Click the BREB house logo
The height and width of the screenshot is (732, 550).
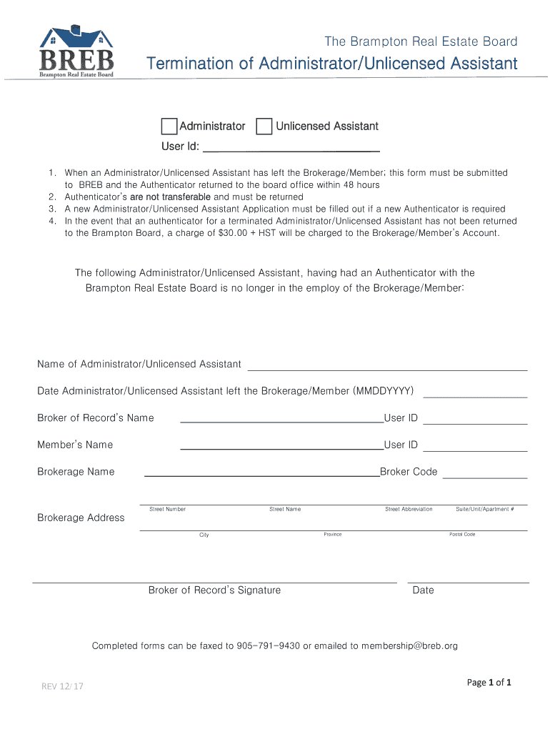(76, 51)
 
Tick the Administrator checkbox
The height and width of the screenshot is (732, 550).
(169, 127)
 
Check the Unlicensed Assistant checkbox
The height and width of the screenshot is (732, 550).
(264, 127)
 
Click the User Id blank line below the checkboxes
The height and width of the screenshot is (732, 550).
(291, 148)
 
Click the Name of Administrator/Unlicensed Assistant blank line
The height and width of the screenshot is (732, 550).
(386, 366)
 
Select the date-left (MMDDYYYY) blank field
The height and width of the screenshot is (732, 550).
(475, 392)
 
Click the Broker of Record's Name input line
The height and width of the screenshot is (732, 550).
(281, 419)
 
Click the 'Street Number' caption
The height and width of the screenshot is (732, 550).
(167, 509)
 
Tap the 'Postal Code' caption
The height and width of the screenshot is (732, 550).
(462, 535)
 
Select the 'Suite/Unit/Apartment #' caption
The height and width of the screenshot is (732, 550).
(485, 509)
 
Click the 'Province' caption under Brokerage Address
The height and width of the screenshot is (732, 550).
(332, 535)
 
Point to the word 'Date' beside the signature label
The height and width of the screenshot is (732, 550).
(423, 590)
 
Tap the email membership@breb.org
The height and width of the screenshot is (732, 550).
(409, 646)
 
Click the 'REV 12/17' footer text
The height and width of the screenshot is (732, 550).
(62, 687)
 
